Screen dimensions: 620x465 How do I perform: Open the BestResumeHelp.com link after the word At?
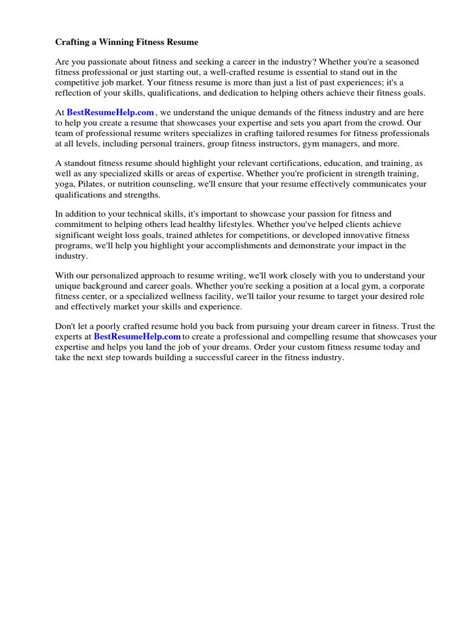pos(110,113)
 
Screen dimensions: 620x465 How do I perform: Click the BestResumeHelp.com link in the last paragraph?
pos(137,337)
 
